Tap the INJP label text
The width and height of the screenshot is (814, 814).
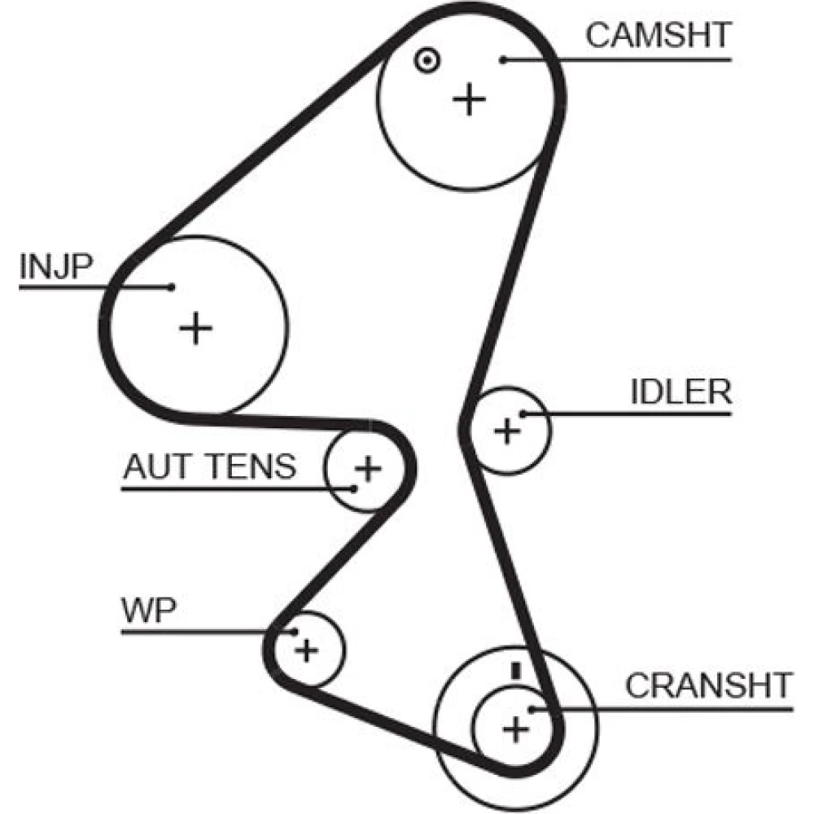(56, 266)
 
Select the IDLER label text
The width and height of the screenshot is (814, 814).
(681, 392)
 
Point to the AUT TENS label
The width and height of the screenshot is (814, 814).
(209, 467)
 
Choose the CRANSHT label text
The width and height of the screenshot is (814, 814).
(708, 686)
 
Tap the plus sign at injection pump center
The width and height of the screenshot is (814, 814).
(195, 327)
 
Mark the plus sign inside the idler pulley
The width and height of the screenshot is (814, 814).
(507, 430)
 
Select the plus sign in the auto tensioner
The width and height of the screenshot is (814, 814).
(368, 468)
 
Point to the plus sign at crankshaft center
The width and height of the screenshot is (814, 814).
(514, 729)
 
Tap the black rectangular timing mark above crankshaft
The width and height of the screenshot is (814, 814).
(514, 671)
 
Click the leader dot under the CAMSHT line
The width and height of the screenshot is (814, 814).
(505, 59)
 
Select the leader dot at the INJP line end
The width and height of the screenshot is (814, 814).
(171, 287)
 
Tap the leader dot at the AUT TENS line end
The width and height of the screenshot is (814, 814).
(355, 488)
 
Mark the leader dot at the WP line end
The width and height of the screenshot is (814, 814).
(291, 632)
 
